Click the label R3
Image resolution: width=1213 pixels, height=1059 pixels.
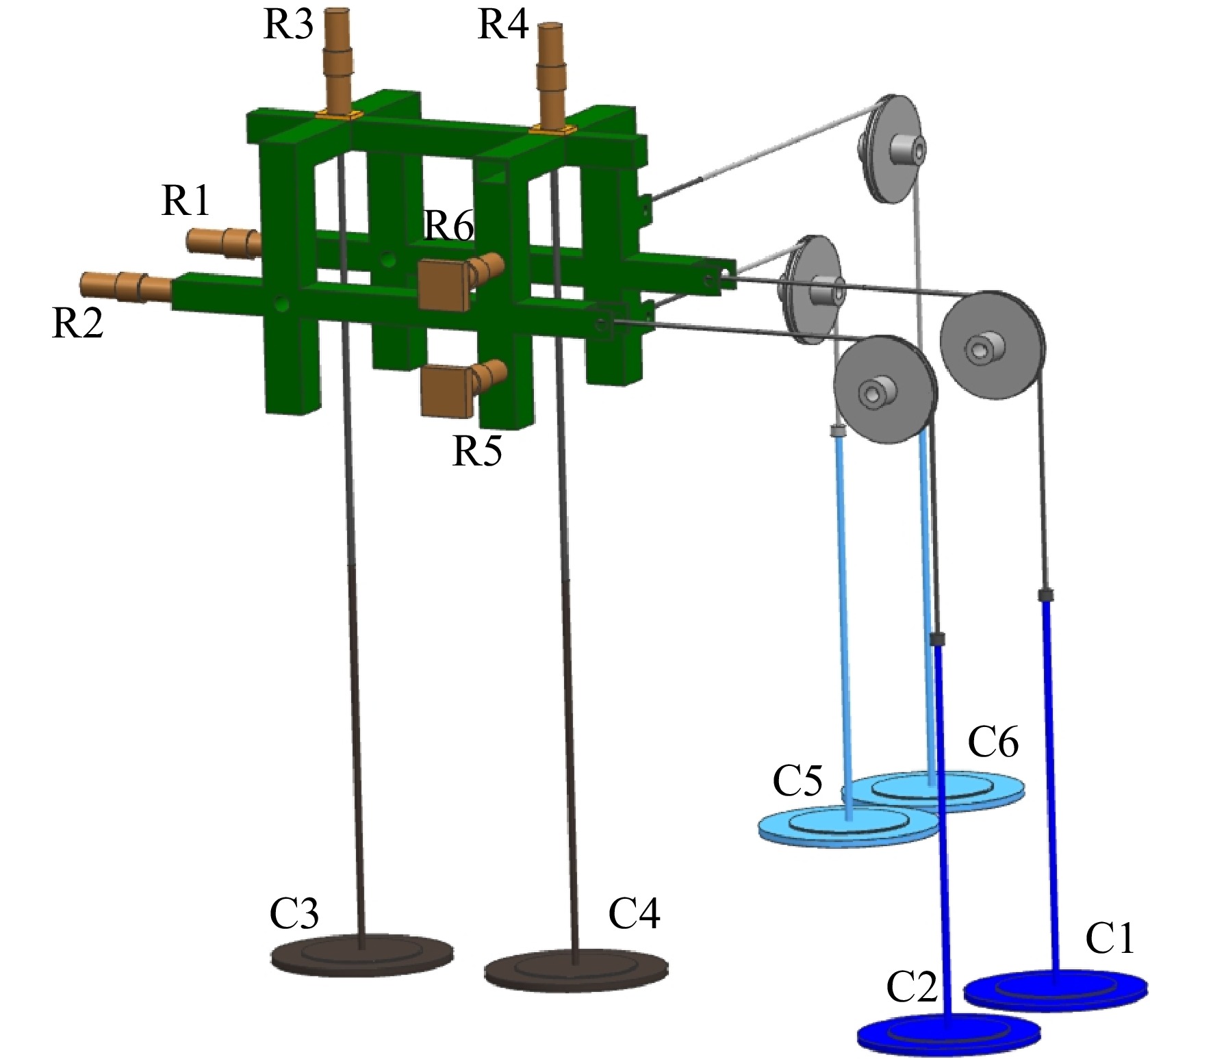coord(288,25)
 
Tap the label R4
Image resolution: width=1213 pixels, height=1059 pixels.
coord(503,25)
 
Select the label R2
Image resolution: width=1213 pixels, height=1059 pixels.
coord(77,323)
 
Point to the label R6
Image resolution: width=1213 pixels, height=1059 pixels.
coord(449,225)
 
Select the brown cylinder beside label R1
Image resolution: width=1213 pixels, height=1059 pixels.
coord(224,243)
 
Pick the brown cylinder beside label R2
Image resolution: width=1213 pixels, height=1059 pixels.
coord(126,288)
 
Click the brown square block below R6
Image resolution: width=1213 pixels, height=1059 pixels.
coord(444,285)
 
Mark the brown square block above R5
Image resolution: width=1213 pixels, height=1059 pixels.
coord(447,391)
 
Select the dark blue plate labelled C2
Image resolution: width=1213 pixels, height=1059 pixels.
coord(949,1033)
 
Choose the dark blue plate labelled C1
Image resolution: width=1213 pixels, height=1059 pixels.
coord(1056,989)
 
